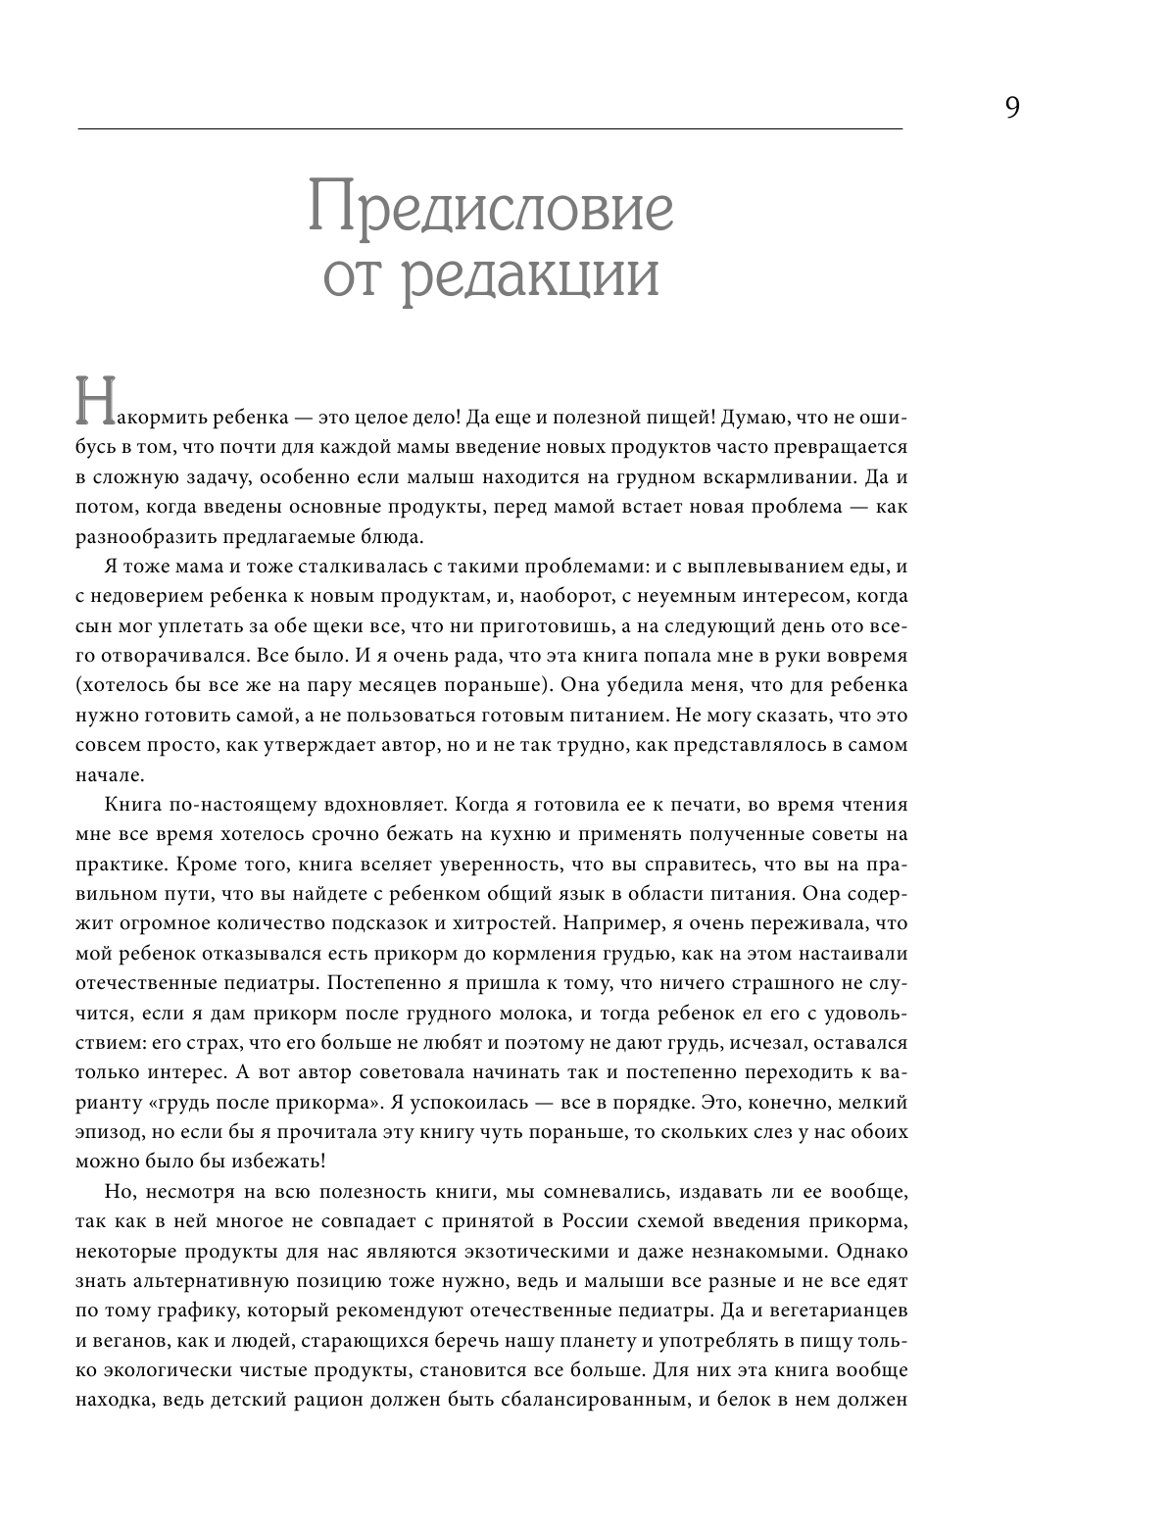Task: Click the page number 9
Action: point(1012,107)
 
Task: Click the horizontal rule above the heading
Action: point(489,128)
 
